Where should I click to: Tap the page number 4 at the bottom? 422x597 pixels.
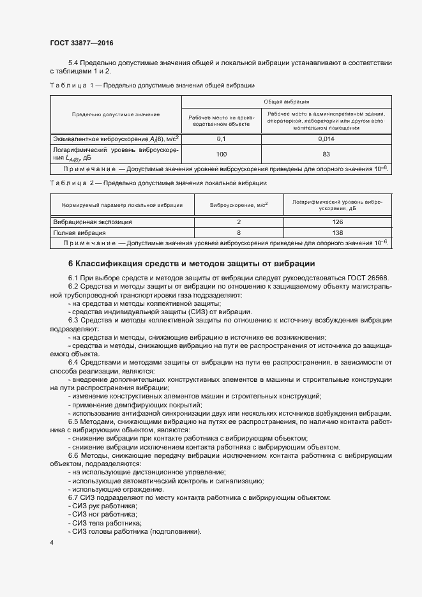(x=52, y=542)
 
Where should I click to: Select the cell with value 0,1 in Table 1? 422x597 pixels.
(x=222, y=139)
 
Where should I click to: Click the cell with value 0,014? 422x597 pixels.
(x=326, y=139)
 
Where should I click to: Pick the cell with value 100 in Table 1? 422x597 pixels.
(x=222, y=154)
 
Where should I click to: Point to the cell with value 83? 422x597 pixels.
(x=326, y=154)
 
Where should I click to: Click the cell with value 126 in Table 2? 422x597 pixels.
(x=338, y=222)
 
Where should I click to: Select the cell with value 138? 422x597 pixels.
(x=338, y=233)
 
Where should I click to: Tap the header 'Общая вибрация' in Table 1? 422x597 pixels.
(x=287, y=102)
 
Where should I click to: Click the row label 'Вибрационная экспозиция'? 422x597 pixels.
(x=92, y=222)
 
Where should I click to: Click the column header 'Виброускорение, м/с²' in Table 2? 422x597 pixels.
(x=239, y=205)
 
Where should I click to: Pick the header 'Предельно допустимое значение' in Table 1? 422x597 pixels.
(x=116, y=114)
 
